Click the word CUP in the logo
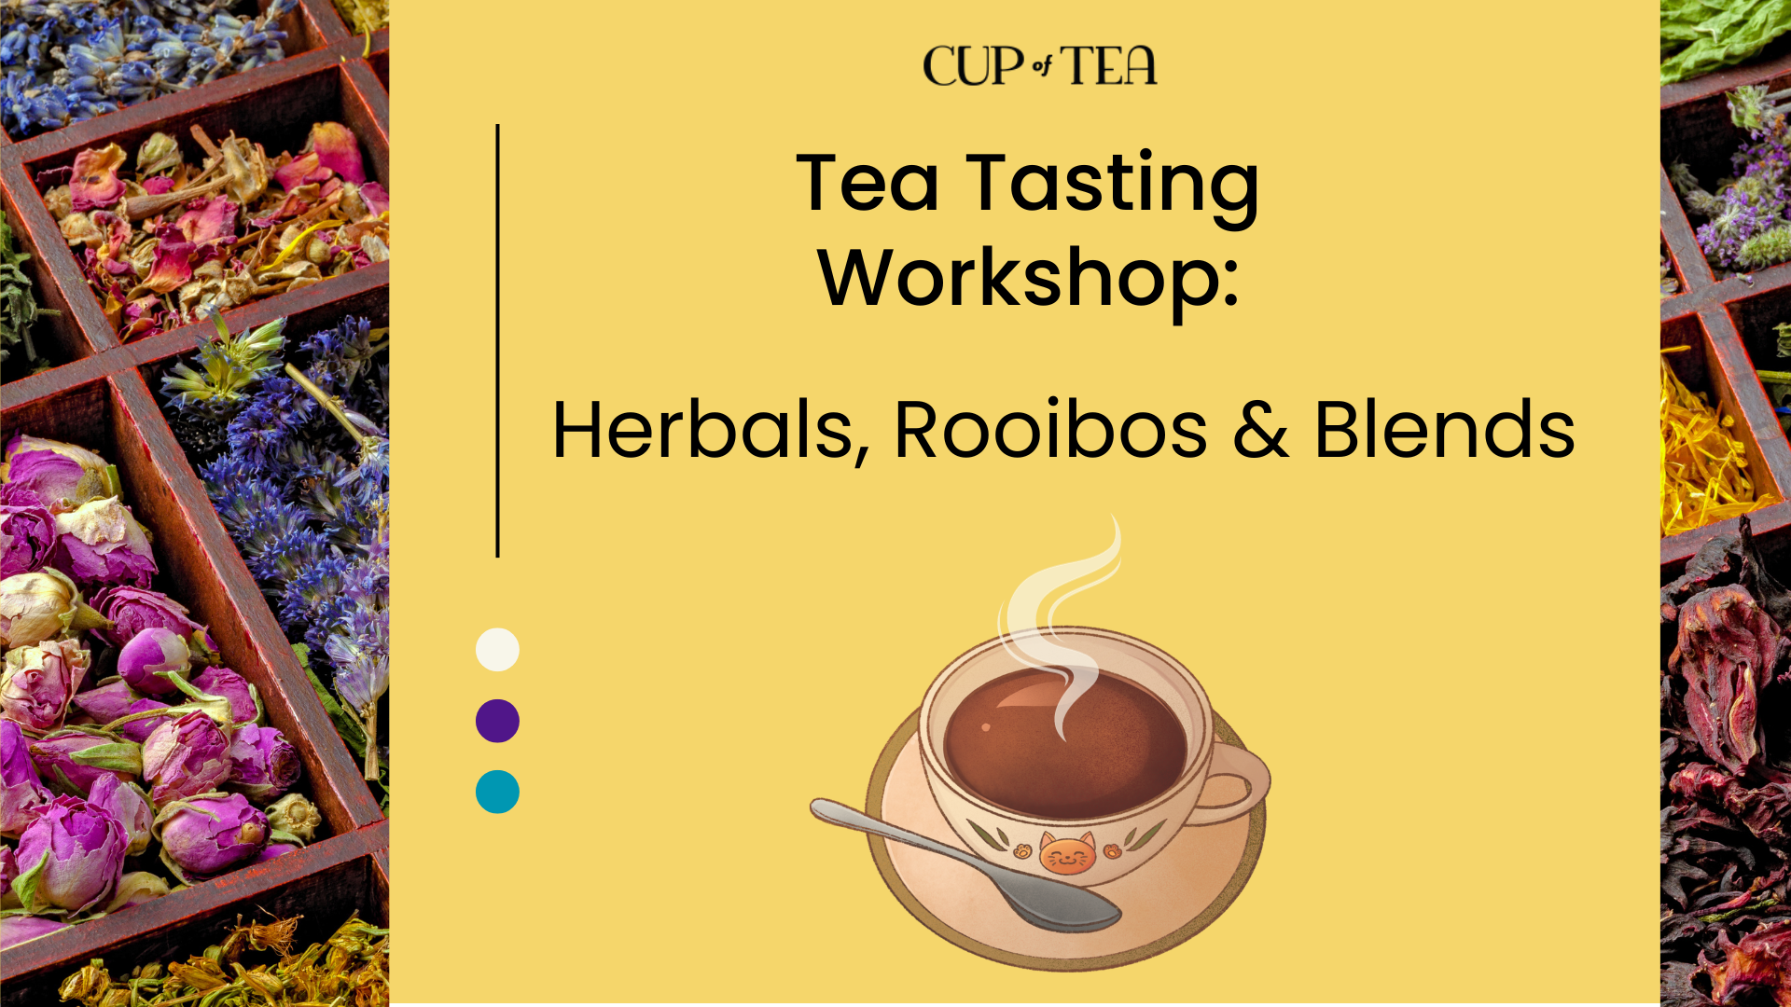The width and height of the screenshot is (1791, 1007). coord(974,66)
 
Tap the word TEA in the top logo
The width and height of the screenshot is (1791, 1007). coord(1108,65)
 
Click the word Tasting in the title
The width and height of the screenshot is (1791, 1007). coord(1113,186)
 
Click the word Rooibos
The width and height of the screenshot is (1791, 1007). coord(1051,430)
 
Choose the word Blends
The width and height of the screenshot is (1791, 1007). coord(1444,430)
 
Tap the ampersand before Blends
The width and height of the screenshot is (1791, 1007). coord(1261,430)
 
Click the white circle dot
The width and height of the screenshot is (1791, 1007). coord(497,650)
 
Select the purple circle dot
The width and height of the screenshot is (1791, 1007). coord(497,721)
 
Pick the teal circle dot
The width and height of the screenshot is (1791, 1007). coord(497,792)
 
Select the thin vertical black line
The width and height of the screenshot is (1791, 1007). coord(498,340)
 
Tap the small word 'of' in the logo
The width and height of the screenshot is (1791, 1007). coord(1042,65)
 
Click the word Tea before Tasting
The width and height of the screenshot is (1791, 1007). coord(868,183)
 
